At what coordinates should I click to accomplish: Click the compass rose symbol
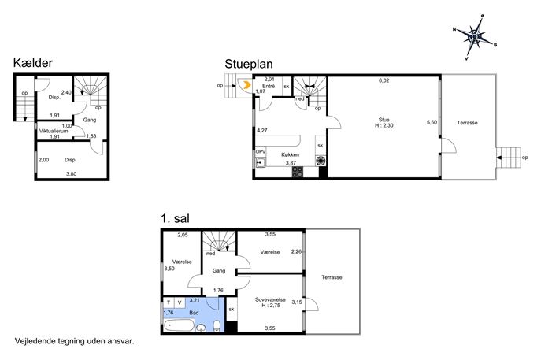(475, 36)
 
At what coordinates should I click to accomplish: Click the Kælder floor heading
(33, 63)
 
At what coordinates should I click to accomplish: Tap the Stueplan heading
(248, 64)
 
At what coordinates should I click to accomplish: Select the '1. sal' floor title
(175, 218)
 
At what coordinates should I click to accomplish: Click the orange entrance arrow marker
(247, 85)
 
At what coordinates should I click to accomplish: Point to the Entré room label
(269, 87)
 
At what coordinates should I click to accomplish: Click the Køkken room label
(290, 154)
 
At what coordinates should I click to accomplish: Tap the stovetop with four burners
(298, 172)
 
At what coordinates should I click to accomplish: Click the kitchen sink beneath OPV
(261, 161)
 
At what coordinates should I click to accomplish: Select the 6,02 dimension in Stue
(384, 80)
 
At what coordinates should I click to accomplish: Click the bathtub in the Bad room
(179, 326)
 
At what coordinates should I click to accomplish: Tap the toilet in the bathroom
(217, 326)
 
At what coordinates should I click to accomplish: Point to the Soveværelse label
(270, 299)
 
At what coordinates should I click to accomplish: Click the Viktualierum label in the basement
(54, 132)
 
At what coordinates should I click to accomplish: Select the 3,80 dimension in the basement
(71, 174)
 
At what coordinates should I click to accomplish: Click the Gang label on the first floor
(219, 271)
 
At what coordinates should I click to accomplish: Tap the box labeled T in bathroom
(169, 302)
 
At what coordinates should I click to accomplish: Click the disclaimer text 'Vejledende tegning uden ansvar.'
(74, 341)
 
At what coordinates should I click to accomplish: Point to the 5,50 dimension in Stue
(432, 122)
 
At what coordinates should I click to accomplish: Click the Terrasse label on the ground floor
(467, 123)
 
